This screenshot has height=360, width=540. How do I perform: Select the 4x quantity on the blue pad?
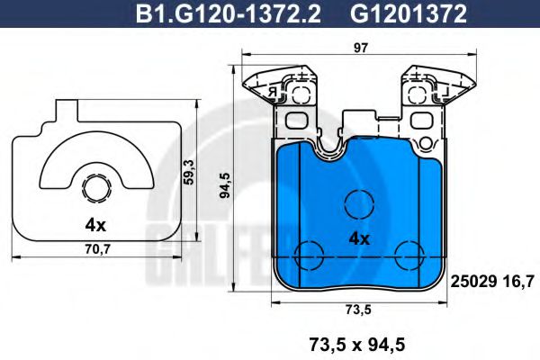coord(360,239)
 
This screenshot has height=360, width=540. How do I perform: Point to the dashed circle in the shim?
coord(94,188)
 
